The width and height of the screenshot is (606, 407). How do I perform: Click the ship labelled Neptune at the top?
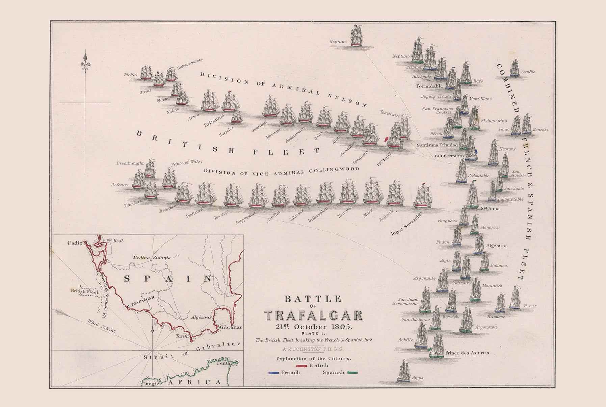(356, 36)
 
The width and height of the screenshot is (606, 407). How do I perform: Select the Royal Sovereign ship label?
(406, 224)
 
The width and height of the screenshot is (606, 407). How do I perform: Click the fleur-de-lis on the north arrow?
(85, 63)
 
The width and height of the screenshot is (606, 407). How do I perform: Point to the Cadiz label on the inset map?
(75, 243)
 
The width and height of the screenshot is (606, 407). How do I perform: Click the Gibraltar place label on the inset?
(231, 327)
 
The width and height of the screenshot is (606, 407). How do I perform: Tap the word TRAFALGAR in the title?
(313, 316)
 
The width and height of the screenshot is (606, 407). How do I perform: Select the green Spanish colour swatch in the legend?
(352, 373)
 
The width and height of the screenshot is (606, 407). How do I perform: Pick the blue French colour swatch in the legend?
(274, 373)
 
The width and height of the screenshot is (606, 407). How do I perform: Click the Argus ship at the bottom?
(404, 372)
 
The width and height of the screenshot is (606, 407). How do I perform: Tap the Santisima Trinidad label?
(437, 145)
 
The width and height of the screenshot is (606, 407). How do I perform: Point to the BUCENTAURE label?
(449, 156)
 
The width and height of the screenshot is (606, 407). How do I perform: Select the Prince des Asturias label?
(467, 353)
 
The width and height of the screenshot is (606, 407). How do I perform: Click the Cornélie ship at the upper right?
(514, 69)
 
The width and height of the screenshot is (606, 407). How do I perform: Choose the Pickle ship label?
(130, 75)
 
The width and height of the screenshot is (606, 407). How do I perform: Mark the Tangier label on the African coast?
(152, 384)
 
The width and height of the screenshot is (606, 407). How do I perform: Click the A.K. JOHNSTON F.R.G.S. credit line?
(313, 349)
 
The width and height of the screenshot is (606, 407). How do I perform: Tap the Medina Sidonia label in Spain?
(151, 258)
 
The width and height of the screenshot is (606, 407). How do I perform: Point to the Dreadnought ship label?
(130, 163)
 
